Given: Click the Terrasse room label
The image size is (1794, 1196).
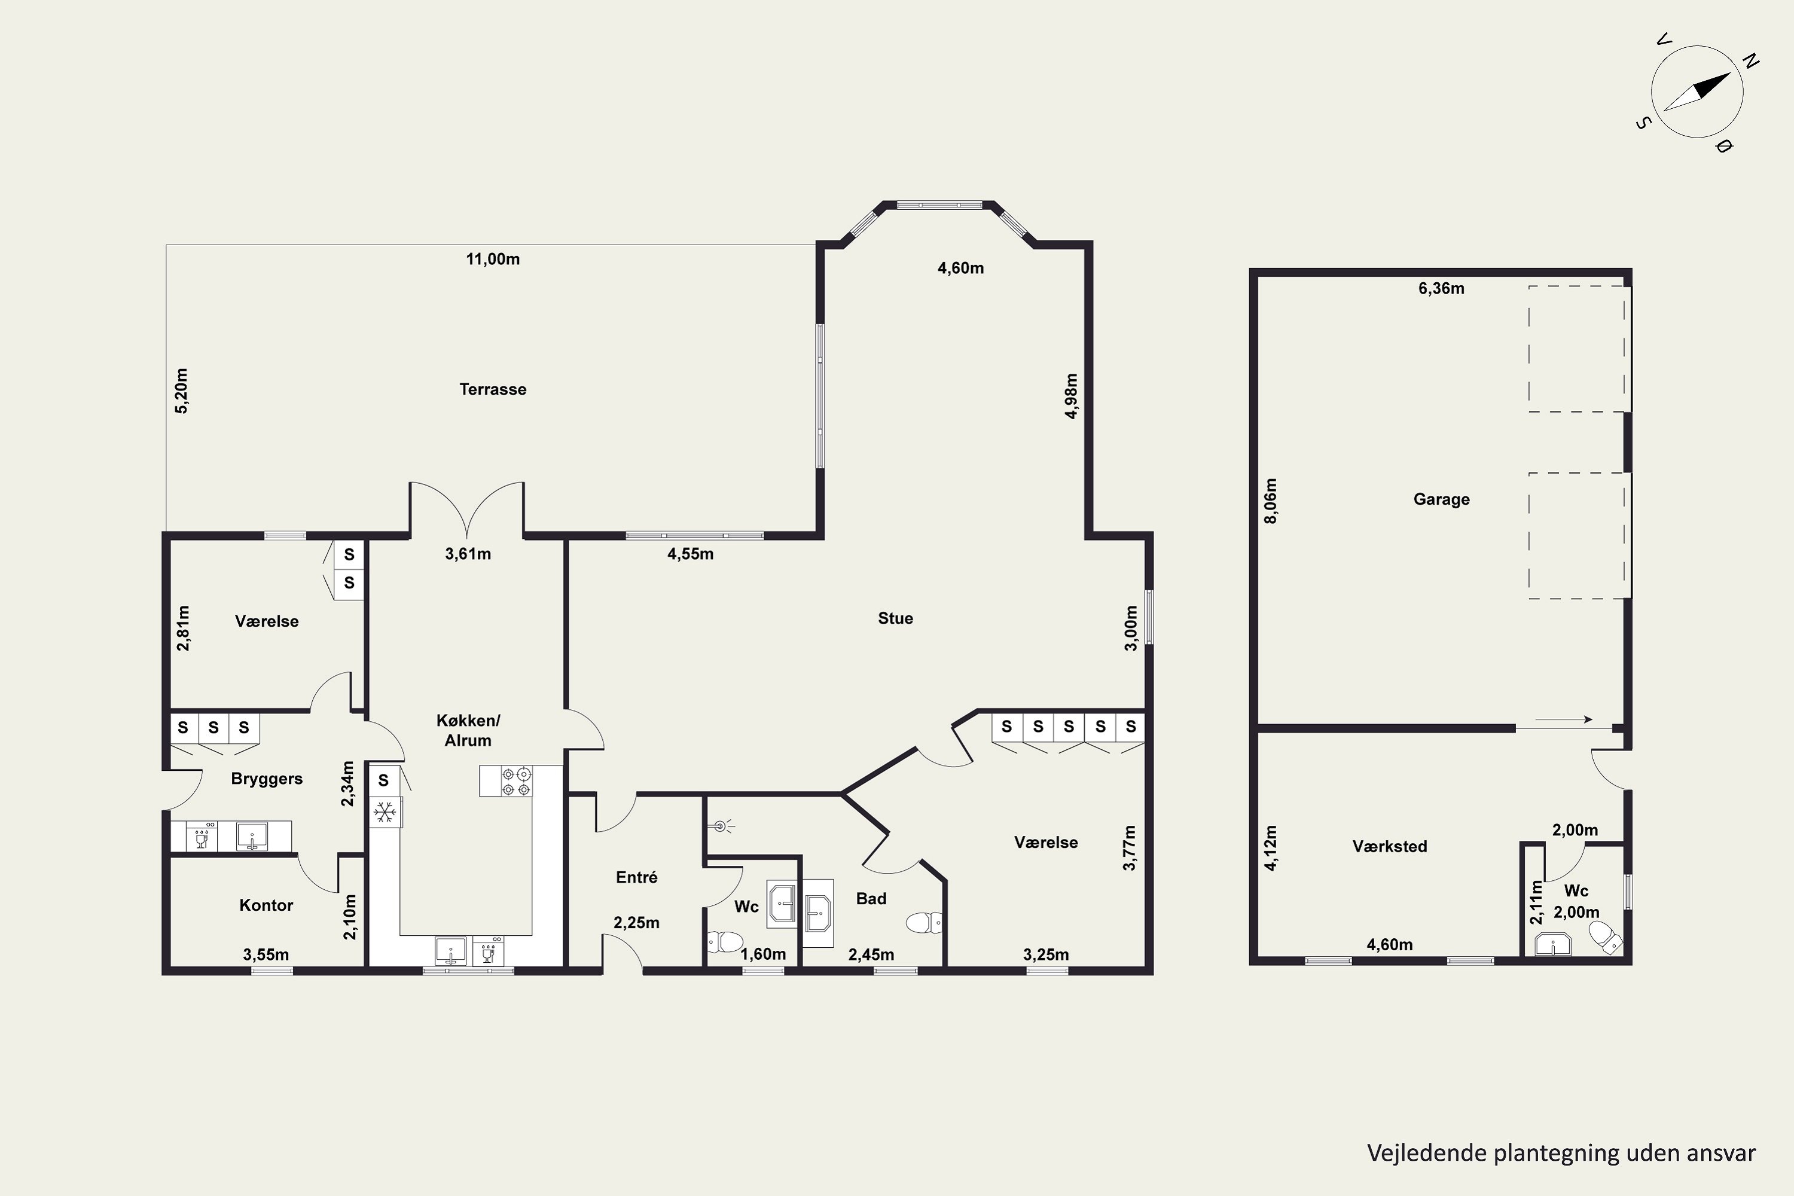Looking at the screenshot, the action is (x=493, y=389).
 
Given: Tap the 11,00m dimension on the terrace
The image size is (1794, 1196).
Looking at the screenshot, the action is (x=493, y=260).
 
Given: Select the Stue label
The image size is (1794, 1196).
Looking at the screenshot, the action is (x=895, y=618).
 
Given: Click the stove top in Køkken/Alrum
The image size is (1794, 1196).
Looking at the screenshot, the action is (x=517, y=782).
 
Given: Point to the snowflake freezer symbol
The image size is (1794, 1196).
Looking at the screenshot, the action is (x=385, y=811).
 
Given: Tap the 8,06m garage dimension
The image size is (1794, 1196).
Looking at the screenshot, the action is (x=1271, y=501).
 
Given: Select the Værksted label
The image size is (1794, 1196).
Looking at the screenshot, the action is (x=1390, y=846).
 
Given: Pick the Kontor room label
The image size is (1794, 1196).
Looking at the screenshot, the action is (x=266, y=905).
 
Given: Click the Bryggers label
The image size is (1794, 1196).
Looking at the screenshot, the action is (x=267, y=779).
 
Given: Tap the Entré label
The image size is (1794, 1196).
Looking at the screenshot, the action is (x=637, y=877).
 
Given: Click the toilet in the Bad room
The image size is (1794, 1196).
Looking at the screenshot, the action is (x=925, y=923).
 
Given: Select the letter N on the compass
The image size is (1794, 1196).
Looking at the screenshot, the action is (x=1752, y=61).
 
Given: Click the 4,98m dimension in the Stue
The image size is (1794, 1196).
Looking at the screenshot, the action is (x=1072, y=396).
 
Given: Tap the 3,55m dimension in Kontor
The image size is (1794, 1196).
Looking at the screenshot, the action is (x=266, y=954).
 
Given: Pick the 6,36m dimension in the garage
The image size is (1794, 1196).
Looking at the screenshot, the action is (x=1442, y=288).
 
